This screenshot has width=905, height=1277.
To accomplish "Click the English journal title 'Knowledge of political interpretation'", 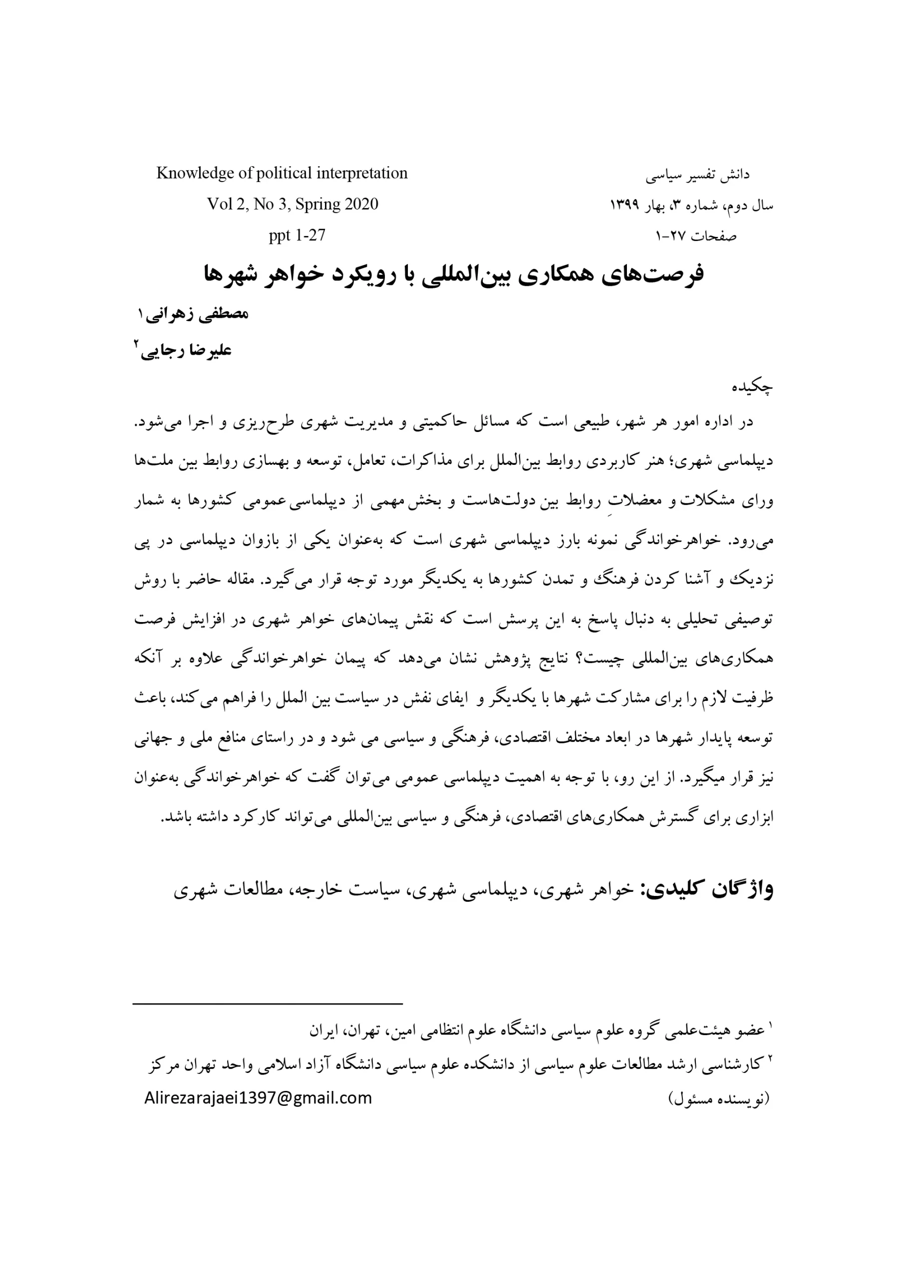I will (x=282, y=173).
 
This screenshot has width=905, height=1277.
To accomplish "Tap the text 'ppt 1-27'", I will (x=297, y=235).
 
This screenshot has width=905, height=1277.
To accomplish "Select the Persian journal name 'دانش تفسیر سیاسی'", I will (x=697, y=175).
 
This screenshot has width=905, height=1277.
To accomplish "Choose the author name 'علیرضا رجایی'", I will (x=186, y=351).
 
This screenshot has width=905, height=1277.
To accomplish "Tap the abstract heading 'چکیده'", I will (x=752, y=387).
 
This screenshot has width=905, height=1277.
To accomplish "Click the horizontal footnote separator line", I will (x=267, y=1004).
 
